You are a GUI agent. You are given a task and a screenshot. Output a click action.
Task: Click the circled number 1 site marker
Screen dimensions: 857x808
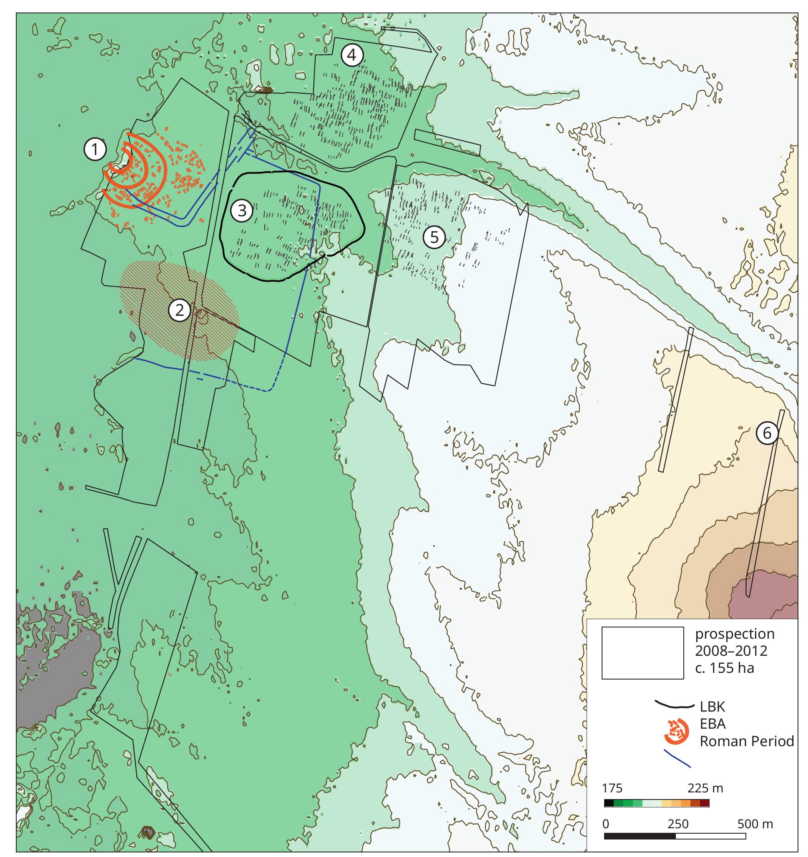point(95,150)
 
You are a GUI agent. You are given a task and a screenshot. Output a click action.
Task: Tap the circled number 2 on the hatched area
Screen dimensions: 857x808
point(179,310)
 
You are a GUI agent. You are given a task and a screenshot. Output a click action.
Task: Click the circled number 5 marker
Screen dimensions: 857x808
point(434,237)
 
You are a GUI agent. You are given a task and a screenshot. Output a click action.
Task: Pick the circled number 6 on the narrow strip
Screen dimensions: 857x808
point(767,432)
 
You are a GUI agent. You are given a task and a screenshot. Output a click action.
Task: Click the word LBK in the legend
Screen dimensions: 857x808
point(712,707)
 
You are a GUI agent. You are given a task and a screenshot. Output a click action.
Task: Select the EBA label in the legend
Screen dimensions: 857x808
point(713,724)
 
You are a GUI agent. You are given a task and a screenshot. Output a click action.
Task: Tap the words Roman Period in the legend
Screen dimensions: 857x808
point(746,741)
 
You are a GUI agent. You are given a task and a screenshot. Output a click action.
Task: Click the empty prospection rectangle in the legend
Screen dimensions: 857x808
point(642,653)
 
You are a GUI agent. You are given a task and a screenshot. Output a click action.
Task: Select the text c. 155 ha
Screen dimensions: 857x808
point(724,668)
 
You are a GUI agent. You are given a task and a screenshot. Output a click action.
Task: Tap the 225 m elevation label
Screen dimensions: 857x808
point(705,788)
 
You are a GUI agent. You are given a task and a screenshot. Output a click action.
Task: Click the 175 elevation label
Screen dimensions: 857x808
point(612,788)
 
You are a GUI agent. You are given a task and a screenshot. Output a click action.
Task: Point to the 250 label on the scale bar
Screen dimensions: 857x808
point(678,824)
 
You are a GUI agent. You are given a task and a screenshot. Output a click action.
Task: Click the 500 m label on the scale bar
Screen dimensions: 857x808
point(755,824)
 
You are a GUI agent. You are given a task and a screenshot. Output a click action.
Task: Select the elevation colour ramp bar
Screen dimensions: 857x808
point(657,803)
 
